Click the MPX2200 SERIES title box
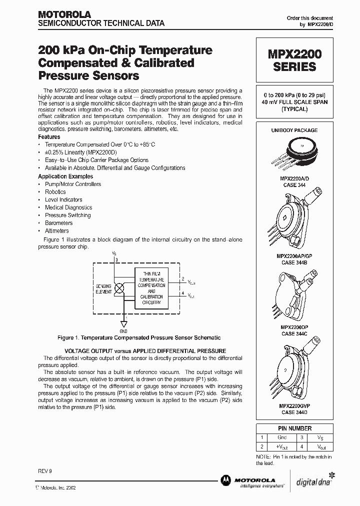(x=294, y=59)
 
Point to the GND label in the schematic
(x=123, y=331)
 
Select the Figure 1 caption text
(x=139, y=338)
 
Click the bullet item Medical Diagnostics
(x=68, y=207)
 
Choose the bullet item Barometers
(x=58, y=223)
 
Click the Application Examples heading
(x=65, y=176)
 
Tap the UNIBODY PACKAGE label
(x=294, y=130)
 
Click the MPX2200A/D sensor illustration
(x=294, y=151)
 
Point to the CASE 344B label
(x=294, y=261)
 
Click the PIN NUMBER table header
(x=294, y=428)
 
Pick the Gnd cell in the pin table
(x=281, y=437)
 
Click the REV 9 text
(x=45, y=472)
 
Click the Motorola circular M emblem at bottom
(x=225, y=480)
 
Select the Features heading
(x=49, y=137)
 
